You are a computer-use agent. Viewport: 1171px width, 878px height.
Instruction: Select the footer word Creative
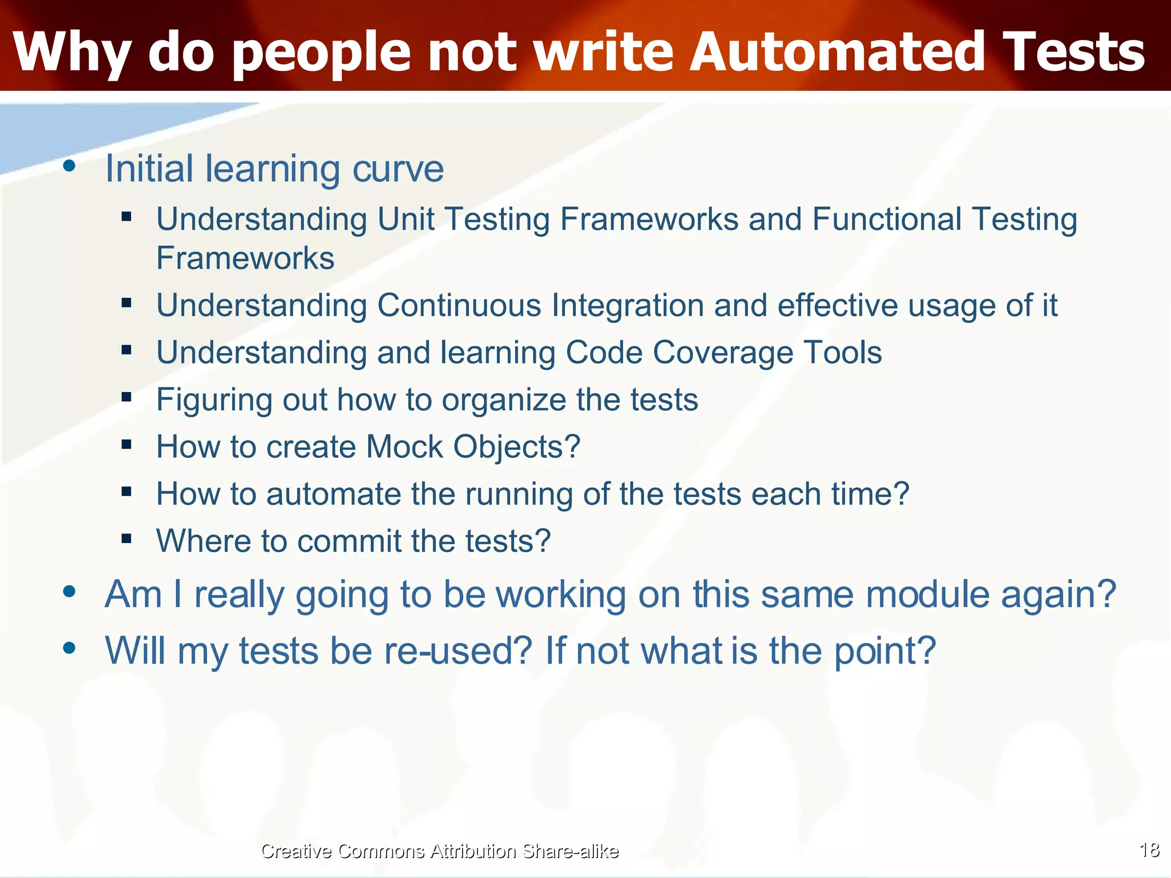[296, 851]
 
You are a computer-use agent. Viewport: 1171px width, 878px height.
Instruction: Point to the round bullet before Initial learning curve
[70, 166]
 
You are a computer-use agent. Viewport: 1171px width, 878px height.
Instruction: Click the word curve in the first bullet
[398, 169]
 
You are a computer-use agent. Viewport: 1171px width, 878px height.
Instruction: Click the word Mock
[404, 446]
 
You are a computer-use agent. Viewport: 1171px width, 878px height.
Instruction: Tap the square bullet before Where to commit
[126, 538]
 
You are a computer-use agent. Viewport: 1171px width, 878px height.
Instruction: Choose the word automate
[333, 494]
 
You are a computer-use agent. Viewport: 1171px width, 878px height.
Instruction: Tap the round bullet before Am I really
[70, 592]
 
